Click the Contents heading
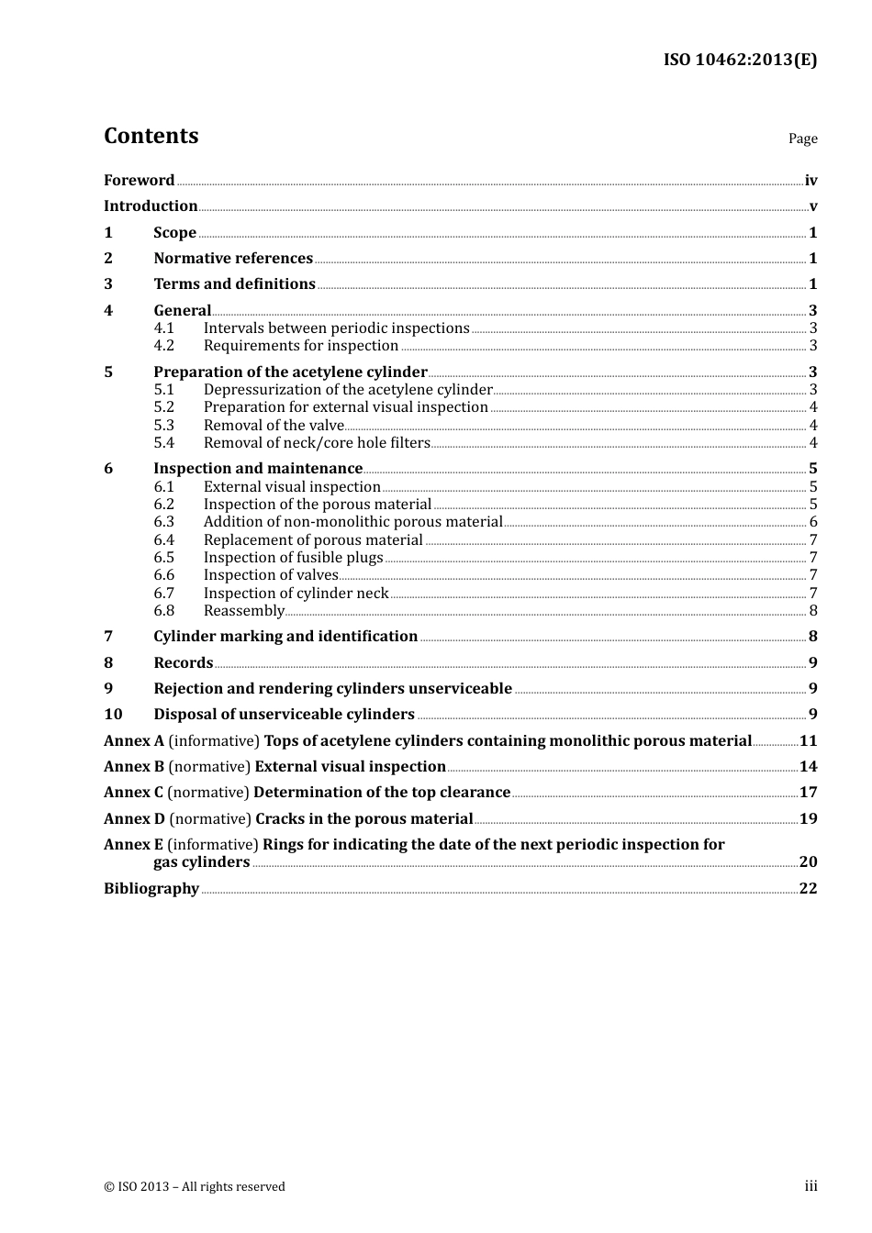tap(151, 136)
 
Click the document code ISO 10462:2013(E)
tap(740, 61)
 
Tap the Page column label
tap(802, 139)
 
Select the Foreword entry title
tap(139, 181)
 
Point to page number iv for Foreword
tap(811, 181)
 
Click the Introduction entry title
tap(151, 206)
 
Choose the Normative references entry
tap(233, 259)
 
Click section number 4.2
tap(163, 346)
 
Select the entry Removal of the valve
tap(274, 426)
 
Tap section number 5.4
tap(163, 443)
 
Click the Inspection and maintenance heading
tap(258, 469)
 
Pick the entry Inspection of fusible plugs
tap(293, 558)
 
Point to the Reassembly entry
tap(244, 611)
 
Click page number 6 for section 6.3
tap(813, 522)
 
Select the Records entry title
tap(184, 663)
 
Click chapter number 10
tap(113, 715)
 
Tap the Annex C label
tap(134, 793)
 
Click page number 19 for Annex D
tap(808, 819)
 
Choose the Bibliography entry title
tap(151, 889)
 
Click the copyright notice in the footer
tap(195, 1187)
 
